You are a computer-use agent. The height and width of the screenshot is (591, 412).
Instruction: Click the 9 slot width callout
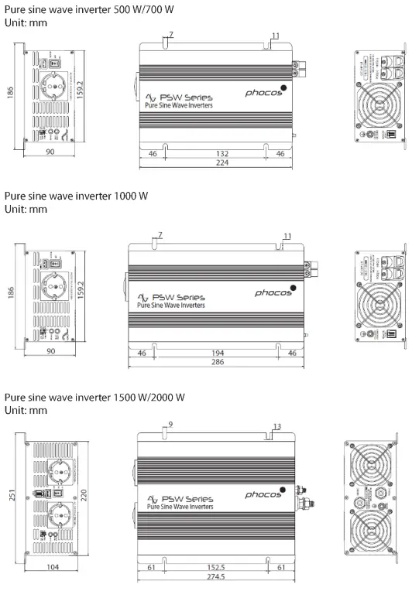(x=170, y=425)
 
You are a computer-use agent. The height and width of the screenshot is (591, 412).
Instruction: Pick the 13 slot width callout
(x=278, y=426)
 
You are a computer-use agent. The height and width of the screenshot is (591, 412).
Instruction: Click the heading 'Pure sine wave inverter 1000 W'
(x=76, y=196)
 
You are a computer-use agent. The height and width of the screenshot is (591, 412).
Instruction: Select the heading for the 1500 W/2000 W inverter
(x=94, y=397)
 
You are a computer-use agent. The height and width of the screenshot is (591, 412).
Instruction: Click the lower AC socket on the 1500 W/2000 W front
(x=63, y=514)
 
